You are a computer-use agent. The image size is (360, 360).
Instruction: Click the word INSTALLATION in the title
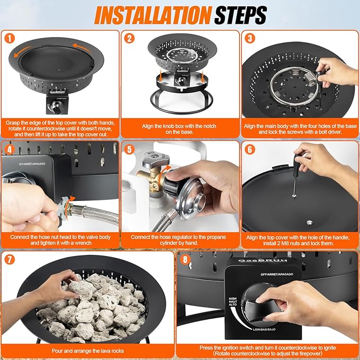click(153, 15)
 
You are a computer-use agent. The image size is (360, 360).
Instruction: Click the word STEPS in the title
click(241, 15)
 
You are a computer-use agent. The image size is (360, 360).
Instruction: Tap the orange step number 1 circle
click(10, 38)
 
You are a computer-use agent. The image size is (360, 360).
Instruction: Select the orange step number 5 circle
click(129, 150)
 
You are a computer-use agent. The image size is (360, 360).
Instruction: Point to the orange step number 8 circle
click(185, 260)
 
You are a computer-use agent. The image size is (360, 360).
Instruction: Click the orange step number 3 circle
click(250, 38)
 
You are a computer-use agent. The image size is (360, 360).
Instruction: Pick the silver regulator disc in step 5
click(192, 199)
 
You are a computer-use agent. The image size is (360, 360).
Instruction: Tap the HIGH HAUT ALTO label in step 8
click(233, 302)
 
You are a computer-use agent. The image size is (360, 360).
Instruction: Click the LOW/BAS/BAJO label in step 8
click(264, 329)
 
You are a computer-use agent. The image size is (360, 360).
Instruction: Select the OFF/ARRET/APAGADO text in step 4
click(32, 164)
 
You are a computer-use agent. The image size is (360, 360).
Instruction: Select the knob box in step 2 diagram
click(182, 79)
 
